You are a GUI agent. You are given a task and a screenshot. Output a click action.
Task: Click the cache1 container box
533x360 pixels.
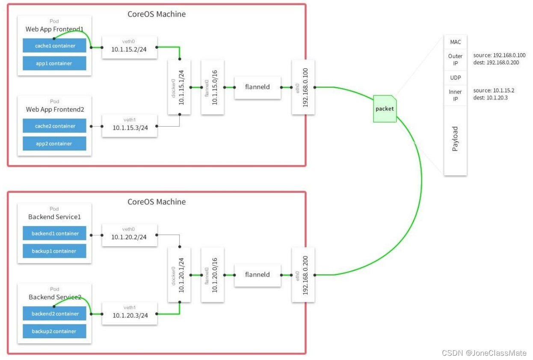54,46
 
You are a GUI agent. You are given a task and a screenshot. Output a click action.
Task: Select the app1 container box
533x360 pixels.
54,63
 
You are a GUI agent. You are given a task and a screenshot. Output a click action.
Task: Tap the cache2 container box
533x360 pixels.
54,126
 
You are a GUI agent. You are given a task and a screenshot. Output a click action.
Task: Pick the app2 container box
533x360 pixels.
54,144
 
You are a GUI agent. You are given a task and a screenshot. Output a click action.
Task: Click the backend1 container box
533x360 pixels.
54,233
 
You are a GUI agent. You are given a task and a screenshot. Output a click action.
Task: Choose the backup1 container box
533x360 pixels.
54,251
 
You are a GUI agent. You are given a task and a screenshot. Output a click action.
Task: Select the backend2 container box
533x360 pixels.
54,314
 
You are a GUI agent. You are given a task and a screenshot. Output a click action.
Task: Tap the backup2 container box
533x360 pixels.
54,331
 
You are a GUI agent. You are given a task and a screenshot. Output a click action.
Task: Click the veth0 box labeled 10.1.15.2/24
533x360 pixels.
130,47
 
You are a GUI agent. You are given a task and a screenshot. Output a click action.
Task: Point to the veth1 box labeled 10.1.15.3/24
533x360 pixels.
130,126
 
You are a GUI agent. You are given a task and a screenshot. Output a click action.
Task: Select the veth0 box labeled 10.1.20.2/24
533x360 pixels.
130,235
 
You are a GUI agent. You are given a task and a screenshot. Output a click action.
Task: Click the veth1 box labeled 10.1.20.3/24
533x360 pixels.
130,313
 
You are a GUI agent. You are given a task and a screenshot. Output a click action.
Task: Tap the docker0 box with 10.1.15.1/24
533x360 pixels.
179,87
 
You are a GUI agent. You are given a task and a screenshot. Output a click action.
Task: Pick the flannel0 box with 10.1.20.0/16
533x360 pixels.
213,274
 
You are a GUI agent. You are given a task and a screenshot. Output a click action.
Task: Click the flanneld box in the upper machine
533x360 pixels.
258,87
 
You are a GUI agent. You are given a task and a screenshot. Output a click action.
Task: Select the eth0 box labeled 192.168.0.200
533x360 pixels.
303,274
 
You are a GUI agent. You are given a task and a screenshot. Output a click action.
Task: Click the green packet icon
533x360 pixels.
385,109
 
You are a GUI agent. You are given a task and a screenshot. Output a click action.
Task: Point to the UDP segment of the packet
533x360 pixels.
455,78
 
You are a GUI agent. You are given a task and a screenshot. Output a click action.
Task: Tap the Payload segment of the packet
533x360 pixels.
455,139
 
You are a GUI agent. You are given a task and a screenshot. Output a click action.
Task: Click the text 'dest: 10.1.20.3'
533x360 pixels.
491,98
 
